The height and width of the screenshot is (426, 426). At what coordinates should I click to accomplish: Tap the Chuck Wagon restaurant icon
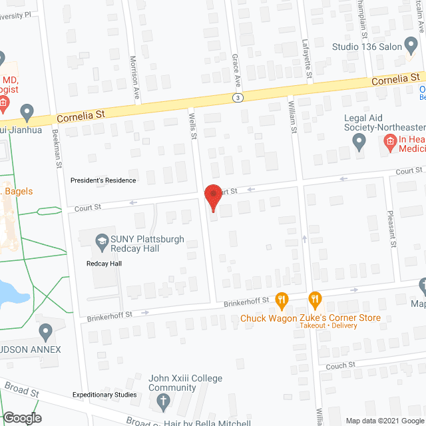point(282,300)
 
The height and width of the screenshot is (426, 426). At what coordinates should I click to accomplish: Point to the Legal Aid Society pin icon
point(359,140)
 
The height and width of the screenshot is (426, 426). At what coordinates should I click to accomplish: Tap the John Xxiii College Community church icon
point(163,401)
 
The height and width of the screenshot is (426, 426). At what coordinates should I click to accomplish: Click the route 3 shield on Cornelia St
point(238,97)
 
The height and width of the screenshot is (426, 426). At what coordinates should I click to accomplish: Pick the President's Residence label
point(103,180)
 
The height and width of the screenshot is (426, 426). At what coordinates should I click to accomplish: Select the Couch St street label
point(341,366)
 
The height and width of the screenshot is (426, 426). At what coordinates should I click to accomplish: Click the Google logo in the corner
point(21,418)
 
